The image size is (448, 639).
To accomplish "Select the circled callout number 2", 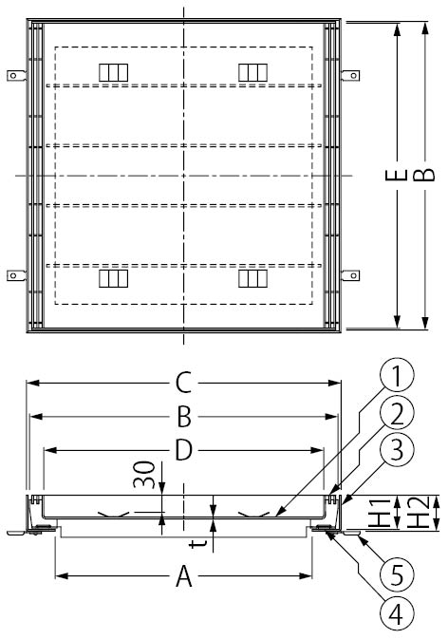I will click(x=398, y=411).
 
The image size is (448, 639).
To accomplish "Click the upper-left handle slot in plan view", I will click(x=111, y=72).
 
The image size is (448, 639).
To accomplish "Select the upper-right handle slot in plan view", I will click(x=252, y=72).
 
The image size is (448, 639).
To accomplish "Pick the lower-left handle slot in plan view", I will click(x=111, y=278).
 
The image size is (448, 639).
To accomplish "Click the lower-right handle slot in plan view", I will click(x=252, y=278).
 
